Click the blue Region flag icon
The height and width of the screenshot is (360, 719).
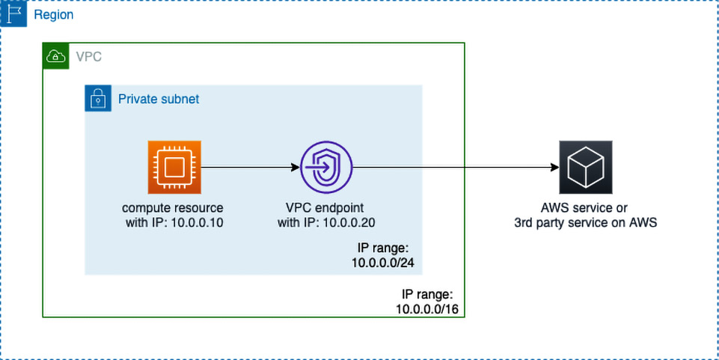tap(13, 13)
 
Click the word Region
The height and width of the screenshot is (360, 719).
tap(54, 15)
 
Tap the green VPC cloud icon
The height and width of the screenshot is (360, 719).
tap(55, 56)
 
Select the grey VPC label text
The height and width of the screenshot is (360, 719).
tap(89, 57)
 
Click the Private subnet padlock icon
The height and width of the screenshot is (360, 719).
tap(98, 98)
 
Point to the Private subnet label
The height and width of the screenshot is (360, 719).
tap(159, 99)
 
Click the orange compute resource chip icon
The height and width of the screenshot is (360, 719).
tap(174, 167)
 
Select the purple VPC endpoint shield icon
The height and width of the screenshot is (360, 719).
tap(326, 167)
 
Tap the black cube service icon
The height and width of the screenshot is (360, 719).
tap(586, 167)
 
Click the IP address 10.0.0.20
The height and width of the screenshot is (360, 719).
tap(349, 223)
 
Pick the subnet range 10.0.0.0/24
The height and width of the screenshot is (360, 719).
tap(387, 263)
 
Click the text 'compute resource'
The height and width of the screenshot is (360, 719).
tap(172, 208)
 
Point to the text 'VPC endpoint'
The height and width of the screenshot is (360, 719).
tap(326, 208)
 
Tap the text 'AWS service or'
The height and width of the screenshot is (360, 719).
tap(584, 208)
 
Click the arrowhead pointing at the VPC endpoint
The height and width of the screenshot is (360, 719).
tap(295, 168)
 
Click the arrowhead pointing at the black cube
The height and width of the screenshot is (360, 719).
tap(554, 168)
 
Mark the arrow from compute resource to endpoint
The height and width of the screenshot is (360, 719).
tap(251, 168)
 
